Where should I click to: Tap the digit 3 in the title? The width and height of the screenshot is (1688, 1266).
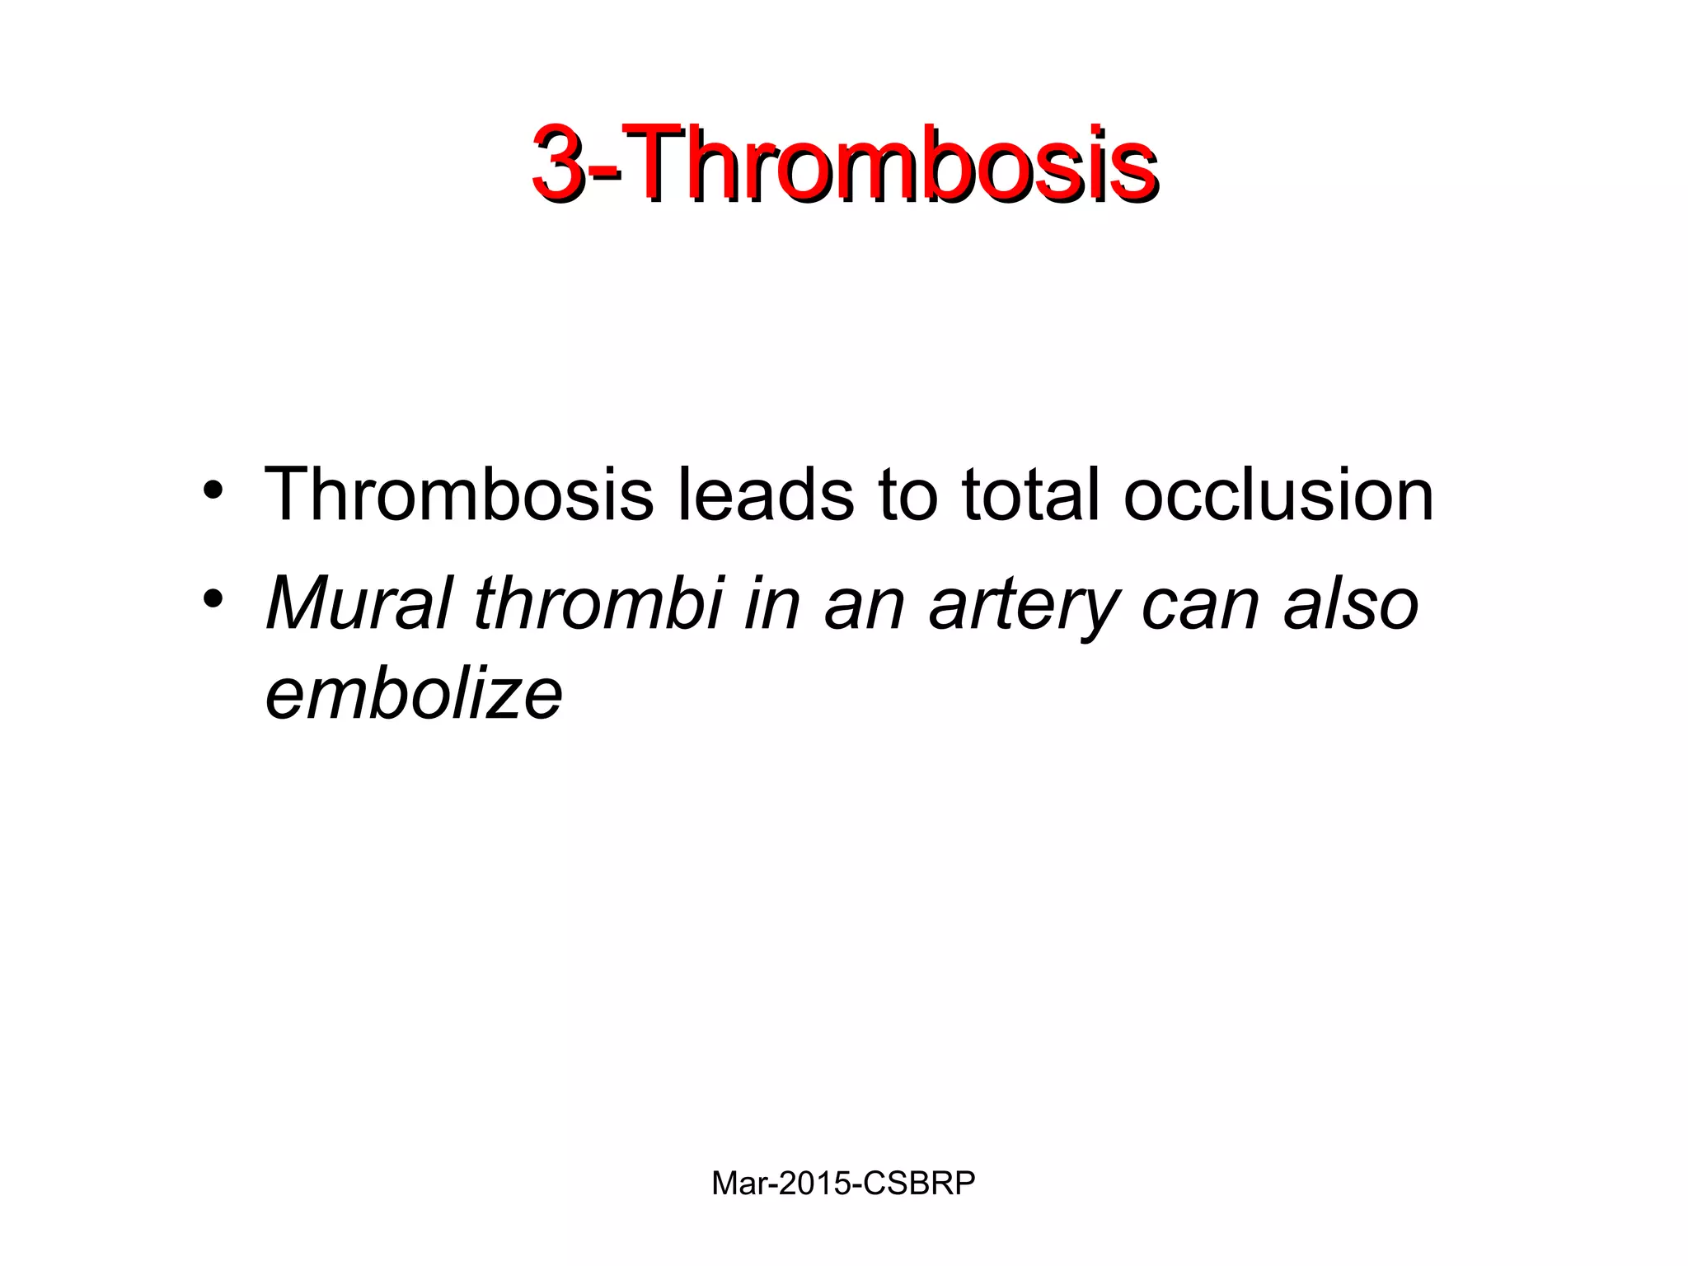[x=560, y=163]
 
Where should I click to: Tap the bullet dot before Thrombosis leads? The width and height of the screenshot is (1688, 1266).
[x=213, y=491]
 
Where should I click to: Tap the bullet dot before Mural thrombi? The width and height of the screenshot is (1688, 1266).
[x=213, y=600]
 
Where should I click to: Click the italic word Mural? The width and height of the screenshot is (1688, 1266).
[x=359, y=603]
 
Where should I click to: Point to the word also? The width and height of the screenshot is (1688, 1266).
[x=1351, y=603]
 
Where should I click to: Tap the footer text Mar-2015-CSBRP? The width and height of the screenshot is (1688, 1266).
[x=843, y=1184]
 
